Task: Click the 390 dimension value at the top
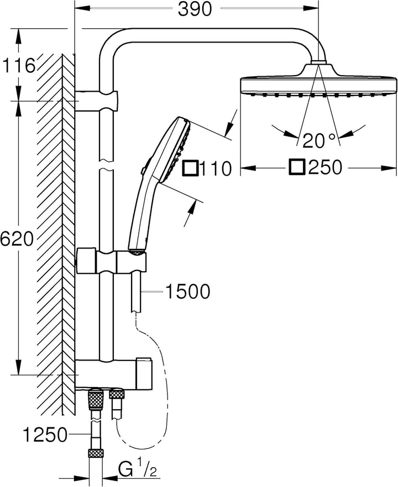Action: [195, 9]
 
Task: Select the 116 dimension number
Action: [19, 66]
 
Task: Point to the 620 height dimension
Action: [17, 239]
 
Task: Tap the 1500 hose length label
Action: [187, 292]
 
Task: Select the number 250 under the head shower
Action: [325, 167]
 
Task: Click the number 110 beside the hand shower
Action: [216, 168]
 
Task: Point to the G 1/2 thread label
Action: [138, 470]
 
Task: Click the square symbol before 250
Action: [296, 167]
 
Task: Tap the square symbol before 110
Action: [190, 168]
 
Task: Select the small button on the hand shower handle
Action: [143, 170]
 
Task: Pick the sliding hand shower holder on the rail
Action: [111, 261]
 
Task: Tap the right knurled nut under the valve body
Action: [117, 394]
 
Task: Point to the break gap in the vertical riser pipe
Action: [106, 165]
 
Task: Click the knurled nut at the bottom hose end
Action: [96, 454]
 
